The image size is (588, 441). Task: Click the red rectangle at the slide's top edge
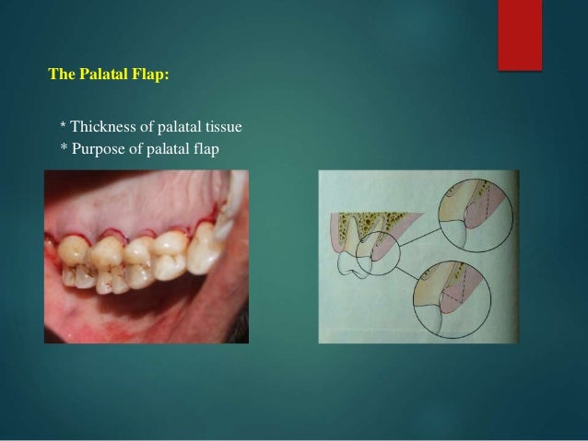519,32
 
